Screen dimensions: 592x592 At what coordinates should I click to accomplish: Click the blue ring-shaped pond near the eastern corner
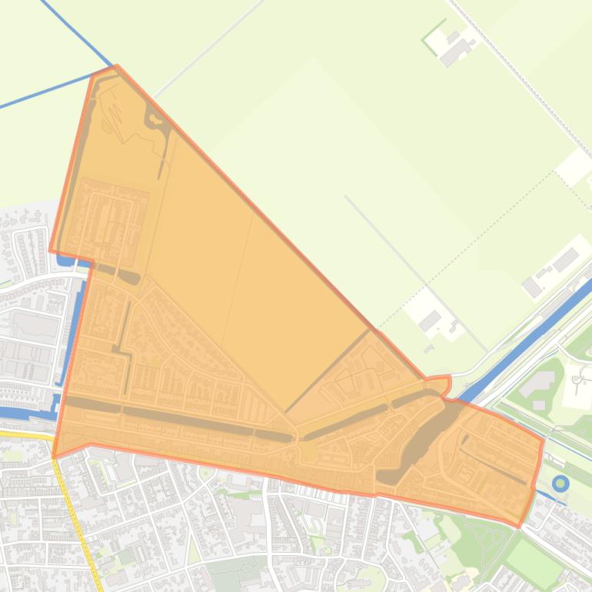click(560, 484)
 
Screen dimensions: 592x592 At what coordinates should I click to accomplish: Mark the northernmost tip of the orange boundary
click(115, 67)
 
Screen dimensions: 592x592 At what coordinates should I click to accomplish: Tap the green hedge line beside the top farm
click(433, 32)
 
